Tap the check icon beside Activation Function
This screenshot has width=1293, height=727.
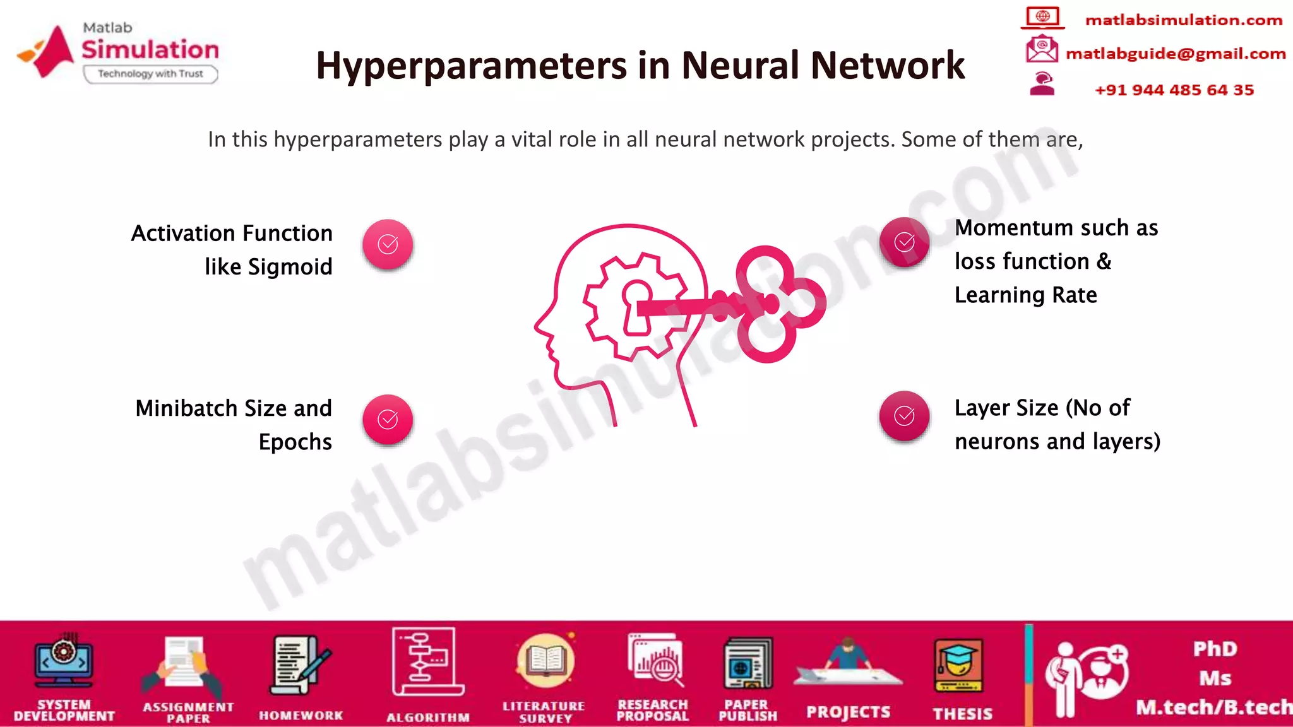click(388, 244)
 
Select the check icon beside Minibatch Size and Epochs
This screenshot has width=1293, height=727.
click(388, 419)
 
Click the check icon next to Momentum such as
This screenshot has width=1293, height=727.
click(904, 242)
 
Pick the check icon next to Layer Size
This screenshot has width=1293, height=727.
click(904, 415)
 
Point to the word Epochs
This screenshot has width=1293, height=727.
click(295, 442)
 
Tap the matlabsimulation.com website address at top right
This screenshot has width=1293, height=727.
click(1183, 20)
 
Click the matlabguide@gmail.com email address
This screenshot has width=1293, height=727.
click(1175, 54)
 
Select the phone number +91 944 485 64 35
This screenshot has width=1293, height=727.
click(1174, 90)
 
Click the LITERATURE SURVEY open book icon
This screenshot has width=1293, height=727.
click(545, 661)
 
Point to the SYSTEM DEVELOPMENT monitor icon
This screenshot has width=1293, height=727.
click(64, 662)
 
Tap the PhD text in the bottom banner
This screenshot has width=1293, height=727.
click(1214, 649)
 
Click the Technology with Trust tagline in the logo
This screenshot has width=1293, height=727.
click(150, 74)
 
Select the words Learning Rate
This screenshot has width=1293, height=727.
click(1025, 295)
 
